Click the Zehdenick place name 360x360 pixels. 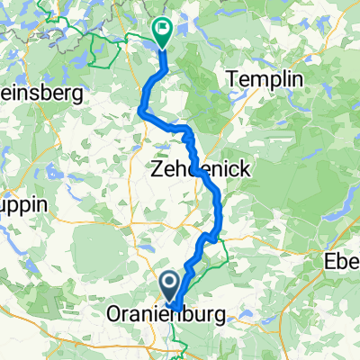[199, 168]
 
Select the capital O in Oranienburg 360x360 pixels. [114, 316]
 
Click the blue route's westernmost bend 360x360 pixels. [141, 110]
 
